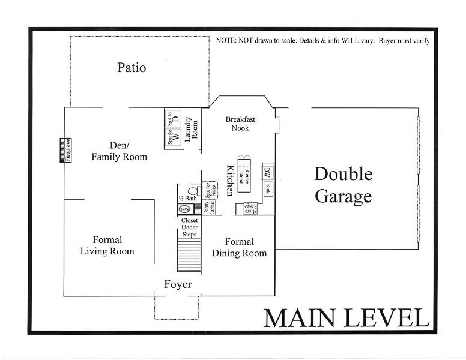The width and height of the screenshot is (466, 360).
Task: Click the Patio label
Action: [132, 67]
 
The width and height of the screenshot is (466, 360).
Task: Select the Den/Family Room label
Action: [119, 151]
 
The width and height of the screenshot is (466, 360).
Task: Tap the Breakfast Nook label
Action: [237, 124]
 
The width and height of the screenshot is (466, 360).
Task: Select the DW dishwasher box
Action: [267, 173]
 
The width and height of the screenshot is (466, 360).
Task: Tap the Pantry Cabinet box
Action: [208, 208]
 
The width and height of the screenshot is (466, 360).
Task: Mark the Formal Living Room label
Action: [107, 246]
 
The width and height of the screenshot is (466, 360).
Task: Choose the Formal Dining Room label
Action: [239, 248]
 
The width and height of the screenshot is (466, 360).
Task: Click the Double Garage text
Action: [343, 185]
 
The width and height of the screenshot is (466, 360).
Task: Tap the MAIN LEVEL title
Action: [346, 318]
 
